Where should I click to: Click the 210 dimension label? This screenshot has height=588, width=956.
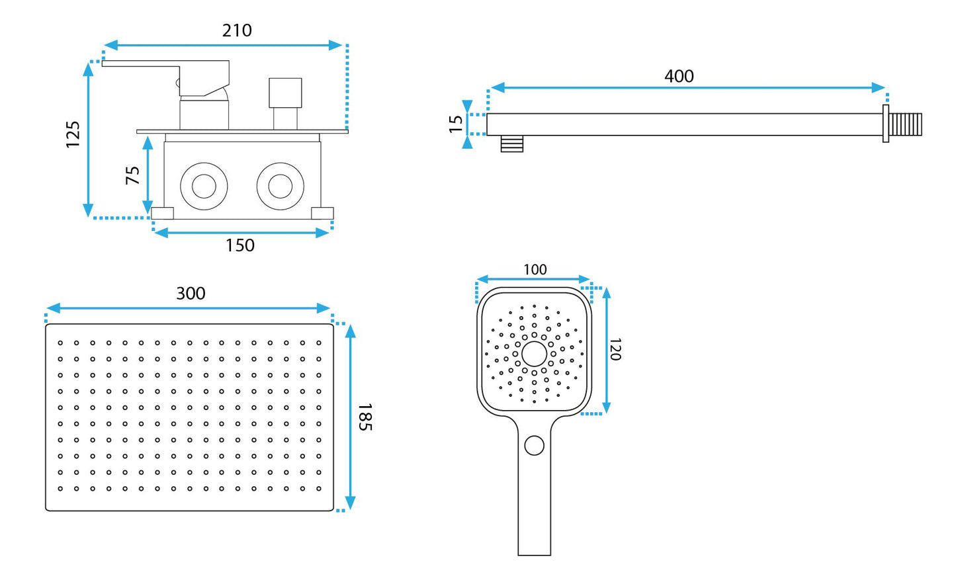(237, 30)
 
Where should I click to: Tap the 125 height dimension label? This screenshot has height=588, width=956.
(73, 134)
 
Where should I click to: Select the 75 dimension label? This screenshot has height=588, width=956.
(133, 175)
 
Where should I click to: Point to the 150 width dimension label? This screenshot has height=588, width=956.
(240, 245)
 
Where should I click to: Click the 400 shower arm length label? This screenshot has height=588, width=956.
(679, 76)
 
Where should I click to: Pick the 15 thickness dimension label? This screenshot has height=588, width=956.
(456, 124)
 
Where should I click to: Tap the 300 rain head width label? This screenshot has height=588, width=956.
(191, 294)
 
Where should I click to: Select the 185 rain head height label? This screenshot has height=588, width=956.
(365, 417)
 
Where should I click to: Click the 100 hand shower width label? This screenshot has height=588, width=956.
(535, 270)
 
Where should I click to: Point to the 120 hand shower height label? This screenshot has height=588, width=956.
(615, 349)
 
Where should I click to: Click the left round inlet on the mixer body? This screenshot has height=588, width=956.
(204, 187)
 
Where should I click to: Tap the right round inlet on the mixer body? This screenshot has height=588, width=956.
(281, 187)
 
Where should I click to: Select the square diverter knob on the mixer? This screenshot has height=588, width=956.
(286, 93)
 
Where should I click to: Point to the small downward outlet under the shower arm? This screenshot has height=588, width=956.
(511, 144)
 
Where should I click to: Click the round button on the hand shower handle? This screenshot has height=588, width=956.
(535, 446)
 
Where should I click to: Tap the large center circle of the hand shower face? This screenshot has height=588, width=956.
(535, 354)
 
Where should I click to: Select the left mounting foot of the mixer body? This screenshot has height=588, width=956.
(163, 214)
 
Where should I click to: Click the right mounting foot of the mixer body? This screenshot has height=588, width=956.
(323, 214)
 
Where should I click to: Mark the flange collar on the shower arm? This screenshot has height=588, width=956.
(886, 124)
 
